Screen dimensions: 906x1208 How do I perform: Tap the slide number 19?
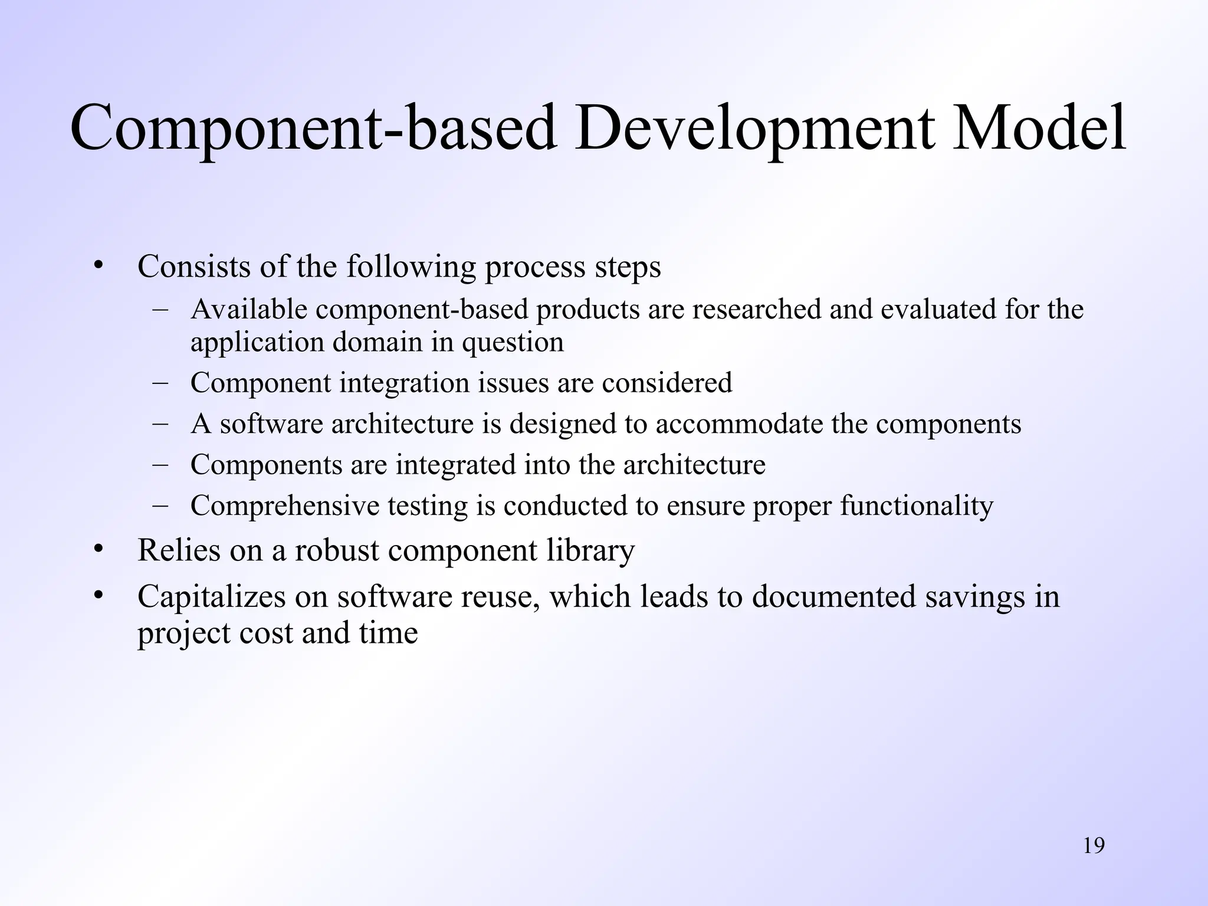tap(1094, 846)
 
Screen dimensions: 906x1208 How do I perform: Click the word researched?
tap(756, 310)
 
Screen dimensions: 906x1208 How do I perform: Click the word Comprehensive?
tap(285, 506)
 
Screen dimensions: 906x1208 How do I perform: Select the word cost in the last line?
tap(266, 633)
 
